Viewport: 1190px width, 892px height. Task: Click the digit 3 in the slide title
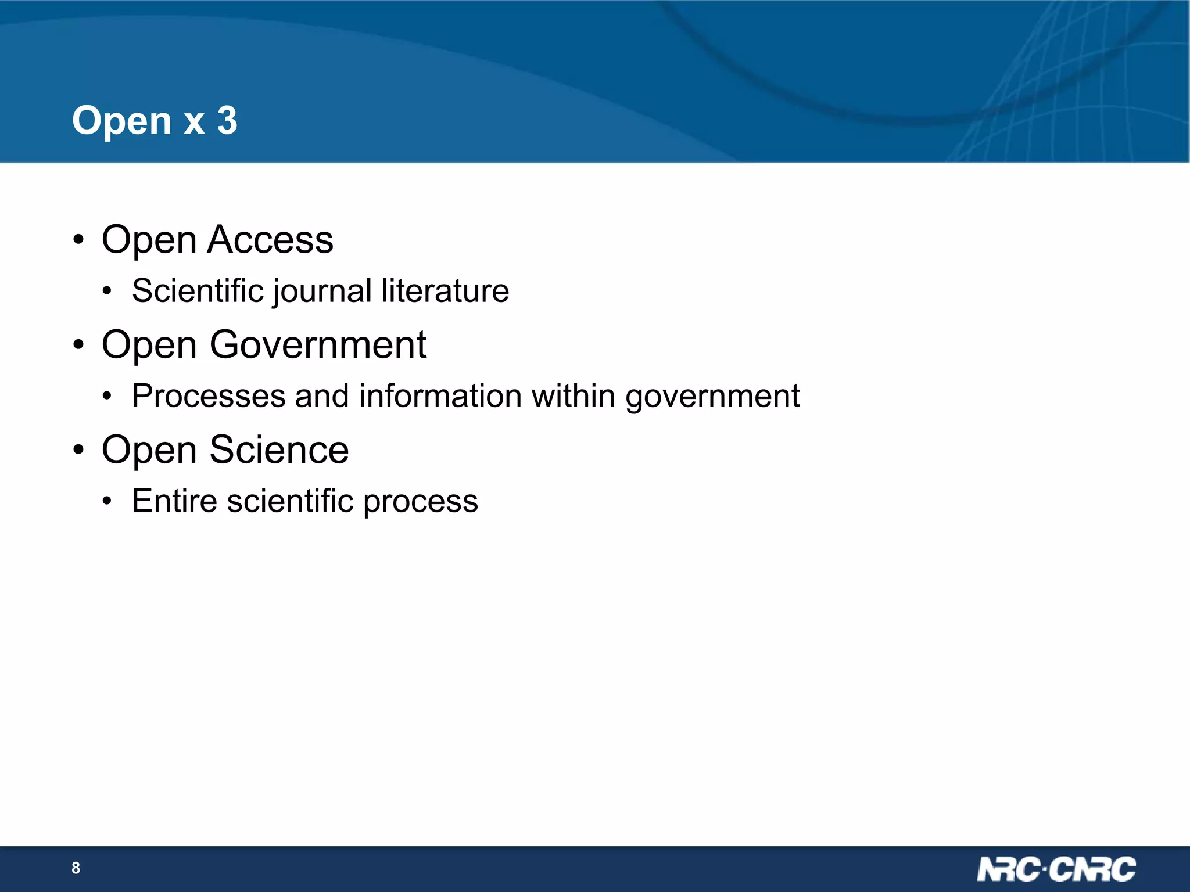tap(227, 121)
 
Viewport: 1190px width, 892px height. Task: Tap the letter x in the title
tap(194, 123)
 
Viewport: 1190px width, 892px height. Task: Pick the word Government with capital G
tap(318, 345)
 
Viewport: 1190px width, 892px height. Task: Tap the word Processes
tap(209, 396)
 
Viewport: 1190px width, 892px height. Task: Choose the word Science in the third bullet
tap(279, 450)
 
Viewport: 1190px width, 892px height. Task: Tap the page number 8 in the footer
tap(76, 868)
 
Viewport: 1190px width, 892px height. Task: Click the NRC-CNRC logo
tap(1056, 869)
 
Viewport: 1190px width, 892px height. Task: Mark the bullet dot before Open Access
tap(79, 240)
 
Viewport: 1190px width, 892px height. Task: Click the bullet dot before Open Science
tap(79, 450)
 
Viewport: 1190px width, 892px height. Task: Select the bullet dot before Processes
tap(106, 397)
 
